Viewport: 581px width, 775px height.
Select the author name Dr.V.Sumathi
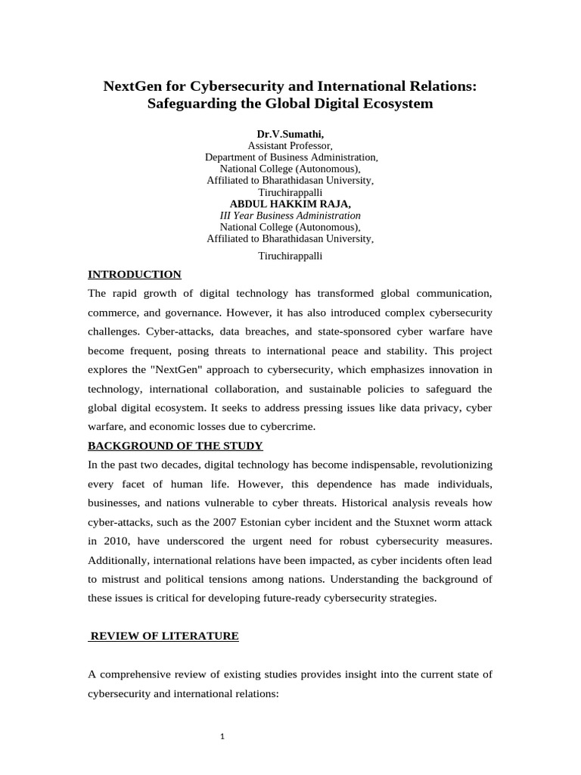[290, 134]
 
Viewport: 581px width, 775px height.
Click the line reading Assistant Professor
[290, 145]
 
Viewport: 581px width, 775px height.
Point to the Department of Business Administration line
[290, 157]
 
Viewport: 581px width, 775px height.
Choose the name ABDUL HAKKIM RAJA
[290, 204]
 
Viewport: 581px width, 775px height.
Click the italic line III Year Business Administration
[290, 216]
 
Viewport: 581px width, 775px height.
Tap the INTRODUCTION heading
[135, 274]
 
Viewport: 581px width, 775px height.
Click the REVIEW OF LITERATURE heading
[164, 636]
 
